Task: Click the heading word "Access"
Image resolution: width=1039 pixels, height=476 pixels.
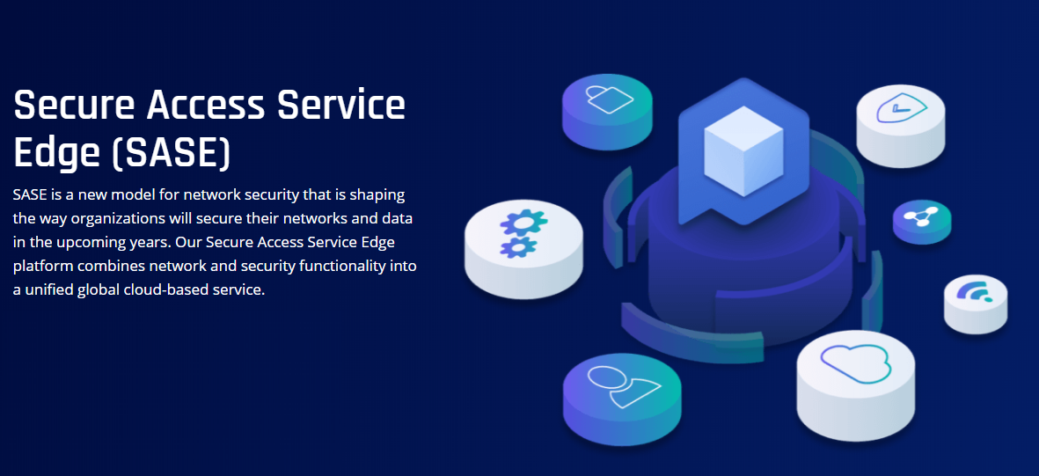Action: [205, 106]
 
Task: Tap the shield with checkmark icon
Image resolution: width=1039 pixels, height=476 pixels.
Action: [899, 110]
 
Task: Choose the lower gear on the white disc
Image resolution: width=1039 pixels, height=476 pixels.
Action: [518, 246]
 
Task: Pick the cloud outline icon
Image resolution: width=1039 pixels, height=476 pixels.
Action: [856, 361]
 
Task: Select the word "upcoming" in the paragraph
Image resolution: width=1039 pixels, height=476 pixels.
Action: [96, 242]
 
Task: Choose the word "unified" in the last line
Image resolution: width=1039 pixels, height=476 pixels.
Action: [49, 289]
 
